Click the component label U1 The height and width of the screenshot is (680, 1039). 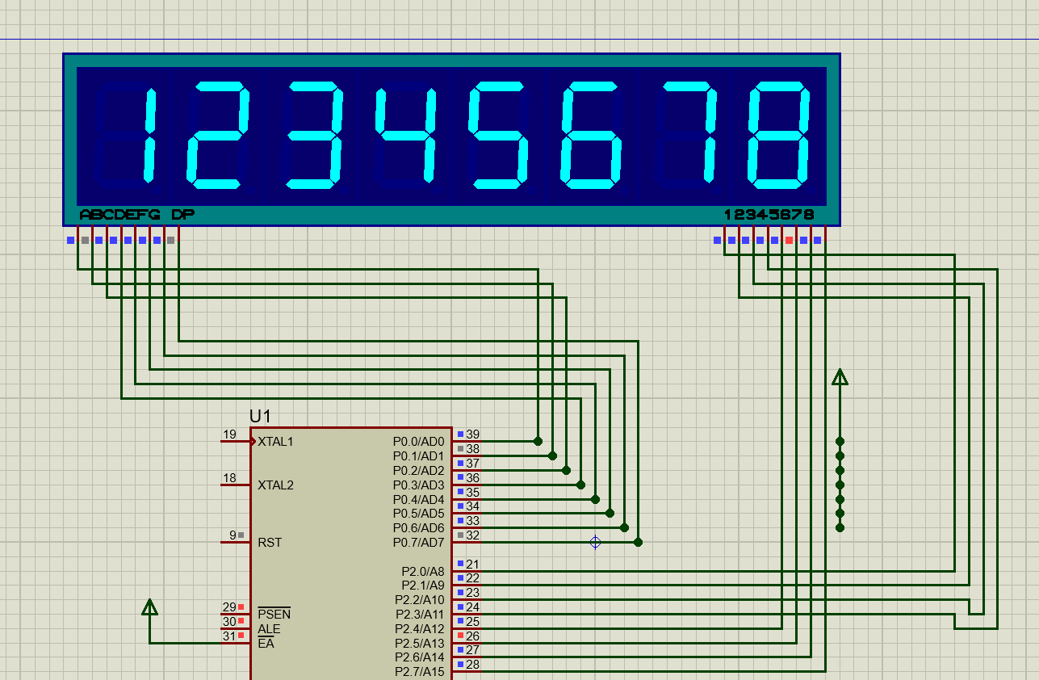260,416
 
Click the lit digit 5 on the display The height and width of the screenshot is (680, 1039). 498,135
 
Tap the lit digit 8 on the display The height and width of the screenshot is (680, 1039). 778,135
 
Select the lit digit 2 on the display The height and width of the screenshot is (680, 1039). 217,135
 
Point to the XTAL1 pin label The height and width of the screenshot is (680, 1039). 275,442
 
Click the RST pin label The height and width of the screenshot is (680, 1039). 270,543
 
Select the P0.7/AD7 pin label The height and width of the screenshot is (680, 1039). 418,543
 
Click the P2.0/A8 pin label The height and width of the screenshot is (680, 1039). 422,572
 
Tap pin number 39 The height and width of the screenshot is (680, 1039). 472,434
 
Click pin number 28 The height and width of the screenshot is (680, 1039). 472,665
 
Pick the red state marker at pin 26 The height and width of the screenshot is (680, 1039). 461,636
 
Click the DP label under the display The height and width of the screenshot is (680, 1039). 182,215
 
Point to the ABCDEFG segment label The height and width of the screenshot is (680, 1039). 119,215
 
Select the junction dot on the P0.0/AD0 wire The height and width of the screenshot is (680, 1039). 538,442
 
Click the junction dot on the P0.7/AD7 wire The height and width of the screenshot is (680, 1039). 639,542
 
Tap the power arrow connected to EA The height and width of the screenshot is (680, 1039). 149,607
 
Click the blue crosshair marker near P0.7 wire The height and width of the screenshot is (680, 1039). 596,542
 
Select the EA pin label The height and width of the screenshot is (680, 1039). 266,644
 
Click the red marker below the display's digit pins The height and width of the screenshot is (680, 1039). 789,240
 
